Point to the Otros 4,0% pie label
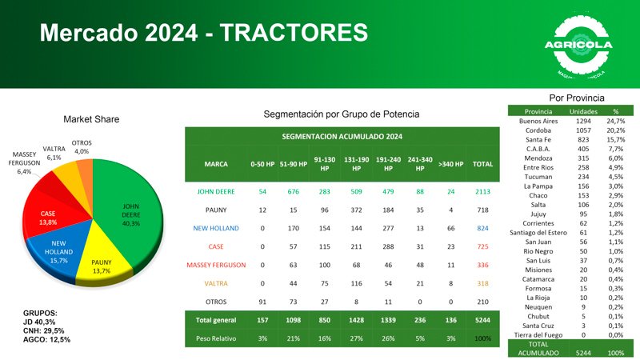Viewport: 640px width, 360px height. point(81,147)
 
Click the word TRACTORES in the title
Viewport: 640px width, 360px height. point(294,33)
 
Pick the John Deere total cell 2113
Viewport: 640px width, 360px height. point(482,192)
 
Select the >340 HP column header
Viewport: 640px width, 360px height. point(450,164)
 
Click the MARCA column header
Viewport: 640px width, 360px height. point(216,164)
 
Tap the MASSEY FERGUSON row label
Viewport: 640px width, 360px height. point(216,265)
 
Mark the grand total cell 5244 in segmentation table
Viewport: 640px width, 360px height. point(482,320)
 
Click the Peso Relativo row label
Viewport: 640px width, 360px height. point(216,338)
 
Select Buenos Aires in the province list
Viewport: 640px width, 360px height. point(537,121)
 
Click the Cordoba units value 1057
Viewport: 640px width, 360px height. point(583,130)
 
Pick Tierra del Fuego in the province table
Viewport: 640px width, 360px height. point(537,334)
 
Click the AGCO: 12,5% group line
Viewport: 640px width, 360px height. point(48,339)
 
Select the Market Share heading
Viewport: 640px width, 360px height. point(91,119)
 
